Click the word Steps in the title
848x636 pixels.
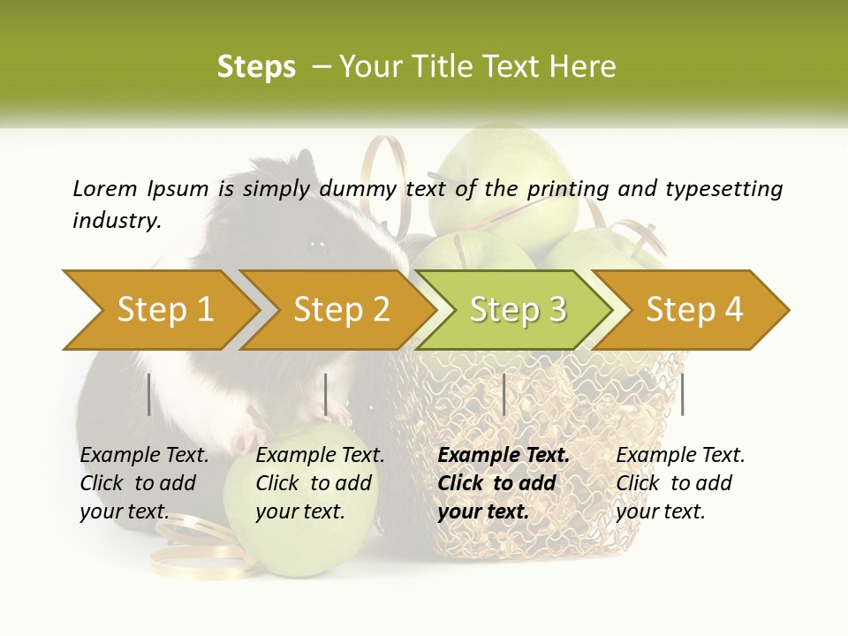(x=256, y=67)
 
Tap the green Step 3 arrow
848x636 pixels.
(x=517, y=309)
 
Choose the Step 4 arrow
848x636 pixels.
(x=693, y=309)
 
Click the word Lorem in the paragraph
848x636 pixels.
(x=104, y=188)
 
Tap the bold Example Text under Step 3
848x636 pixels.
(x=503, y=456)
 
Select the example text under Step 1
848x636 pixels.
(x=144, y=483)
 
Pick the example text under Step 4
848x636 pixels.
(x=680, y=483)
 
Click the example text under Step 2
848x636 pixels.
(x=320, y=483)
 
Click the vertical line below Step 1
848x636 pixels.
(x=149, y=394)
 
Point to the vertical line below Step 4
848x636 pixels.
(x=683, y=394)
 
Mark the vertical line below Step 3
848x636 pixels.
(x=504, y=394)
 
